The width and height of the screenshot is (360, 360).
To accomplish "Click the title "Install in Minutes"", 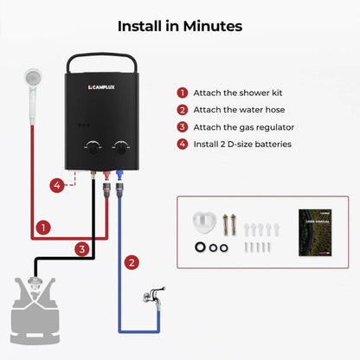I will (x=180, y=26).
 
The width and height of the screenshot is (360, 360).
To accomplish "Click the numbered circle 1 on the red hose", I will (x=41, y=228).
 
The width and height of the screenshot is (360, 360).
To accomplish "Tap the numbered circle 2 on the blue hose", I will (x=132, y=261).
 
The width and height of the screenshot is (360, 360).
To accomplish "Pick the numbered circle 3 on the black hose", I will (x=80, y=249).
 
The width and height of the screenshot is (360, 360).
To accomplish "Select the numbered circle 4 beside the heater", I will (x=57, y=184).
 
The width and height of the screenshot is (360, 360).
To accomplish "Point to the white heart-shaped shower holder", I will (x=203, y=223).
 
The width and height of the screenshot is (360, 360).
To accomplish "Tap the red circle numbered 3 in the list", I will (x=182, y=127).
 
